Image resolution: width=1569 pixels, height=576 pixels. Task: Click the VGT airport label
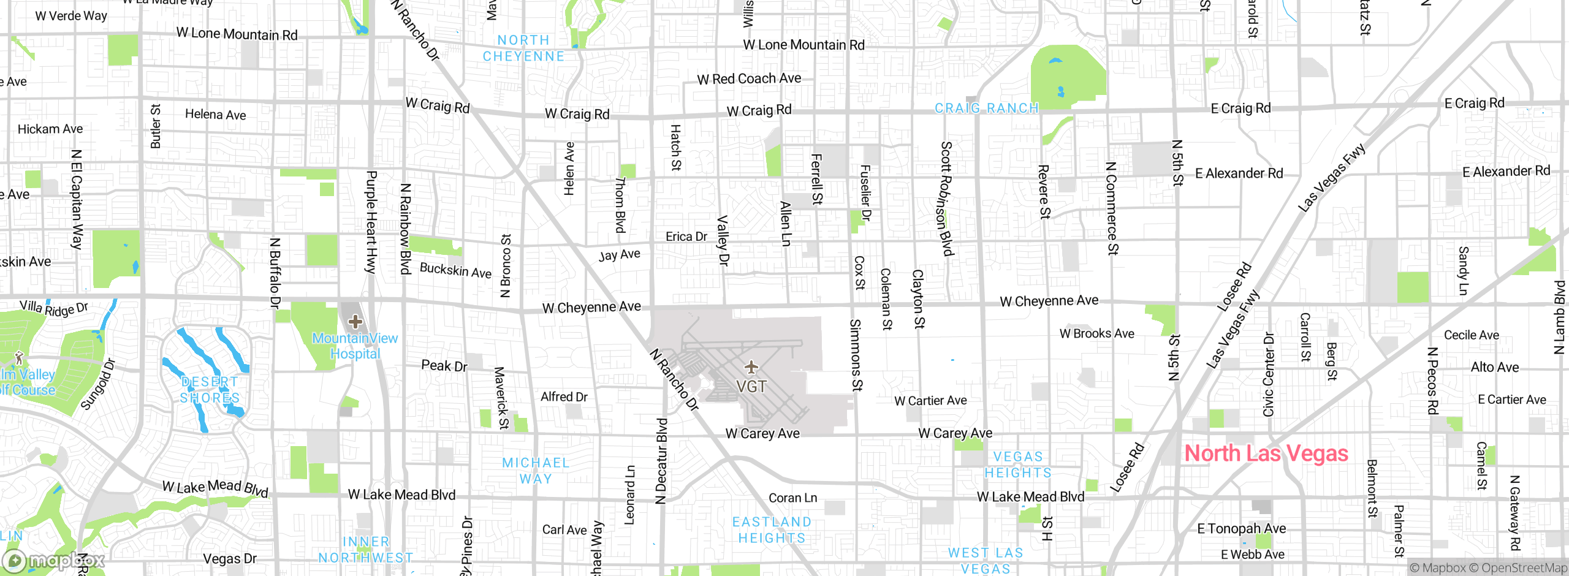coord(751,387)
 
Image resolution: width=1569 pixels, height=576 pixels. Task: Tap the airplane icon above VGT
coord(751,367)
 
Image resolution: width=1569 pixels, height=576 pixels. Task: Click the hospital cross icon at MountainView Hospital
coord(355,321)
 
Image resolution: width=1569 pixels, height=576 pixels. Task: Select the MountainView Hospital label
coord(355,346)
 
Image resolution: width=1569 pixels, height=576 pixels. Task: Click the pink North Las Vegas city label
coord(1266,453)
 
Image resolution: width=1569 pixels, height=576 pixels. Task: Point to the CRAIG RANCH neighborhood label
coord(987,108)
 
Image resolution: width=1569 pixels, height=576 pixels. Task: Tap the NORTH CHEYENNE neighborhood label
coord(523,48)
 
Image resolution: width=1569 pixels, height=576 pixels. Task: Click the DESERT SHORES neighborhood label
coord(210,390)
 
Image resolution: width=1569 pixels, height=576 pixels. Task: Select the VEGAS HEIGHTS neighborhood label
coord(1018,465)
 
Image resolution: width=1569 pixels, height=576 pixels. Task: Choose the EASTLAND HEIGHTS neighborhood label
coord(772,530)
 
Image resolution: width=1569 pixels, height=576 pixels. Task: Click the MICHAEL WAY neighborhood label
coord(536,471)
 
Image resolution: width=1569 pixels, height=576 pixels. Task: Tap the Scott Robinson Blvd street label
coord(947,198)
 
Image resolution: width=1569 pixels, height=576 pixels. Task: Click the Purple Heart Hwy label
coord(371,222)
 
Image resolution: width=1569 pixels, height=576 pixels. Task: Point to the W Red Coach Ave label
coord(749,79)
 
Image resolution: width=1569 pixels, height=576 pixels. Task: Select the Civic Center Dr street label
coord(1269,374)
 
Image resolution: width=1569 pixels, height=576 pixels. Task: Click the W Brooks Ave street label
coord(1096,334)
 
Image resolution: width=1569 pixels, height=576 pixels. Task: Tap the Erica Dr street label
coord(686,237)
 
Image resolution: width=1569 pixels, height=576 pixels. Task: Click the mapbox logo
coord(54,561)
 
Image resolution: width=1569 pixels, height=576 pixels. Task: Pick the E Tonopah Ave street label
coord(1241,528)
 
